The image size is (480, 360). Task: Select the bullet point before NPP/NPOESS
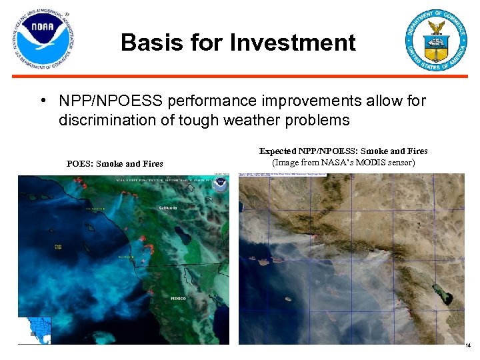(x=42, y=101)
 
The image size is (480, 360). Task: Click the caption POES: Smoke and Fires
(x=115, y=163)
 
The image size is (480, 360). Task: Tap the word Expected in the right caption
(x=279, y=151)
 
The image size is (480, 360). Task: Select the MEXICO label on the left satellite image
(x=179, y=298)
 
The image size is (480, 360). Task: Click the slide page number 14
(x=467, y=345)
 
